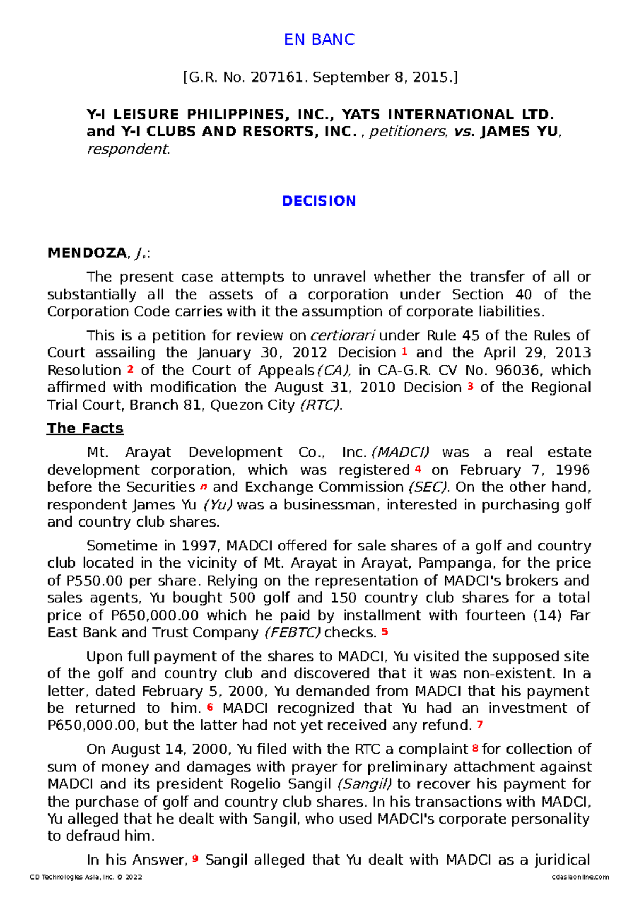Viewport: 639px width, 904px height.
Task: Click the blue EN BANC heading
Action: click(319, 39)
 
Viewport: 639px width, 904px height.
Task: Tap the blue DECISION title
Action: click(319, 201)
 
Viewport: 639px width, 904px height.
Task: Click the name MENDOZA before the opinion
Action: click(87, 253)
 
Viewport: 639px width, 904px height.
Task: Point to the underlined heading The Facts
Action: click(85, 428)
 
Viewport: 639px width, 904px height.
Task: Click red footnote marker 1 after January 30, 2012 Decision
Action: click(404, 351)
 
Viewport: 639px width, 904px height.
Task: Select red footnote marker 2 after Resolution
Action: click(130, 368)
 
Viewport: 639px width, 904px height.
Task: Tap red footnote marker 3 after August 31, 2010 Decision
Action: click(470, 386)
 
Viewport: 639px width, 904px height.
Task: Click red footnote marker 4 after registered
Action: click(418, 469)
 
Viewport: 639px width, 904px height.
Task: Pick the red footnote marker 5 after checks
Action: click(384, 631)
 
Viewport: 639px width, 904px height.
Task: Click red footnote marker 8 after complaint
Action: click(474, 749)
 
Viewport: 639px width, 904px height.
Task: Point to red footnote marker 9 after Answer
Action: click(195, 858)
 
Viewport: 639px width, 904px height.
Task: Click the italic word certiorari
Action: click(342, 335)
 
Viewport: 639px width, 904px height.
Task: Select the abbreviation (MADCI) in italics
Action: click(400, 452)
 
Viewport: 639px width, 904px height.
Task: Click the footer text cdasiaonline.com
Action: click(580, 877)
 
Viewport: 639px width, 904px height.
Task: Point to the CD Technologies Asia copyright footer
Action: click(86, 877)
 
